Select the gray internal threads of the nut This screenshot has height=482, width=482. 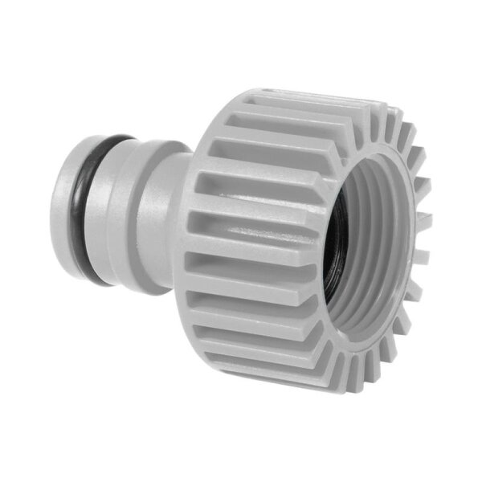(366, 265)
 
